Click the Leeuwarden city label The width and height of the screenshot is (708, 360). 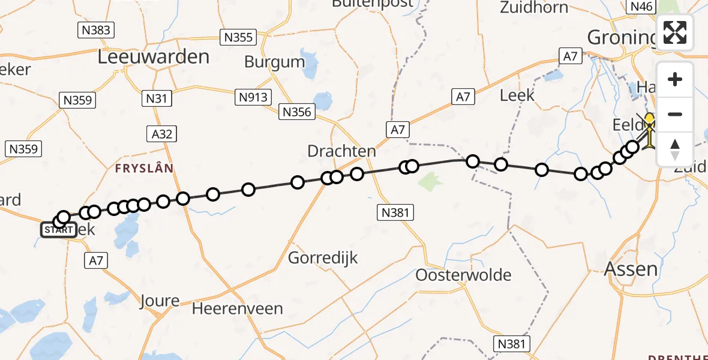[154, 57]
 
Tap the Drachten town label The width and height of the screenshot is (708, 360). [341, 151]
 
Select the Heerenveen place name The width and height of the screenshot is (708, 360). [238, 309]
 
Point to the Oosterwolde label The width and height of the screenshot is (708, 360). [464, 275]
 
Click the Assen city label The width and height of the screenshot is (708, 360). [630, 268]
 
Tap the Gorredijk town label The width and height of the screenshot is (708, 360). [323, 258]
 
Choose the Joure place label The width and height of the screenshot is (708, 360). [159, 301]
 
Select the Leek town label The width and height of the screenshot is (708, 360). [517, 95]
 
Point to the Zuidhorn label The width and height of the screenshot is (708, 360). [533, 7]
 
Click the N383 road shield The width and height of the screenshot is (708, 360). [96, 30]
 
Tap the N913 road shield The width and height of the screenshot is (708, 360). [254, 97]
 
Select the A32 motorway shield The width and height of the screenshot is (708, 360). [162, 133]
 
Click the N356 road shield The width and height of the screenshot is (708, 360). [297, 112]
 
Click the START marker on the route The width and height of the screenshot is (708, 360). [59, 230]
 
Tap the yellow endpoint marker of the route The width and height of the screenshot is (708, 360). [649, 118]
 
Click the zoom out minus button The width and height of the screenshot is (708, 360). [675, 115]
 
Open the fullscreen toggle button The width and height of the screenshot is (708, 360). [675, 32]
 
